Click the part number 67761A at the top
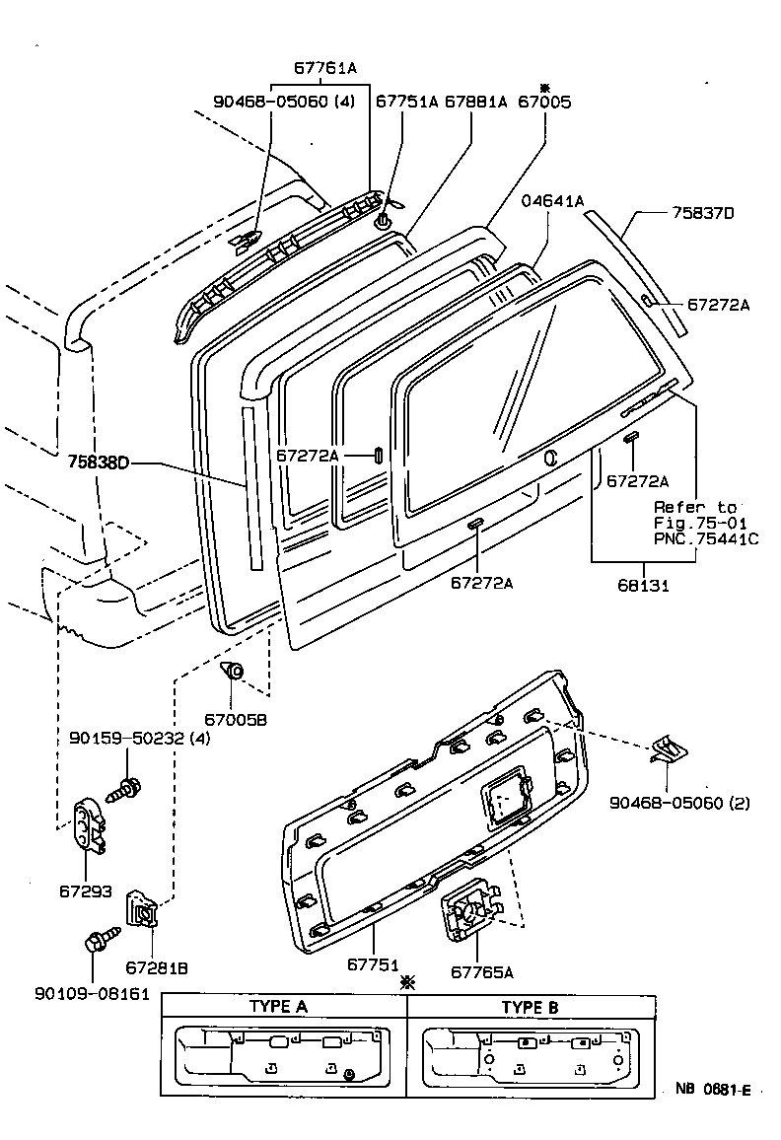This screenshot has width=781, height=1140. pos(324,68)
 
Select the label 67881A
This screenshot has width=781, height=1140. pos(475,102)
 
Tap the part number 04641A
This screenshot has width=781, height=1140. pos(553,201)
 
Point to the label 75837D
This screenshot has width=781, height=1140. pos(704,213)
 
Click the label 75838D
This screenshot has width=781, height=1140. pos(100,462)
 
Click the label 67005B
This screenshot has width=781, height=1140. pos(236,721)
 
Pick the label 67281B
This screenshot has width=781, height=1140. pos(157,967)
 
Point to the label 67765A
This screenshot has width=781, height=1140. pos(482,971)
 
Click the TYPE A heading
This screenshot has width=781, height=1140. pos(278,1007)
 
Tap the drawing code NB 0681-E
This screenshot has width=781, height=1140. pos(713,1090)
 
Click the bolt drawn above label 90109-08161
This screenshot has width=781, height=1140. pos(100,939)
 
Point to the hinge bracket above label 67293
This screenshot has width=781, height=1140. pos(90,825)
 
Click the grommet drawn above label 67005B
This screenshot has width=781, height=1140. pos(233,673)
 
